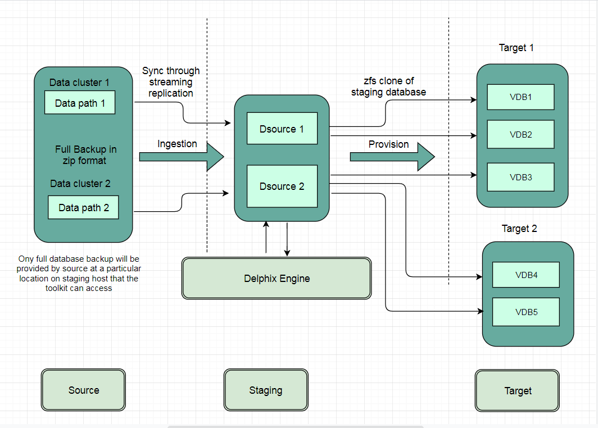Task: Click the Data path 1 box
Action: (80, 103)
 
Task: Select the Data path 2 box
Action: (83, 207)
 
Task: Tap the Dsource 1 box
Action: (282, 129)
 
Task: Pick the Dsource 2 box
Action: (282, 186)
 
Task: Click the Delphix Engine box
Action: (277, 278)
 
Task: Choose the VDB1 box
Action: (520, 97)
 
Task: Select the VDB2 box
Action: (520, 134)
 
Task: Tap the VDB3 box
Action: (520, 177)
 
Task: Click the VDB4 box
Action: (526, 275)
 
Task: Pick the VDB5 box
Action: (526, 312)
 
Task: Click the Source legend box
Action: (83, 390)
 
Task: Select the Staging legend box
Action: (266, 390)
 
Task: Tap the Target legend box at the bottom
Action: (518, 390)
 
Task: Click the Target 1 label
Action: (516, 48)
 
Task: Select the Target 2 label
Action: (519, 229)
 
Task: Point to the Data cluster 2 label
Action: (80, 184)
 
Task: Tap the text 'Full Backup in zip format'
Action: (85, 155)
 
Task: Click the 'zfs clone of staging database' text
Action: (388, 86)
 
